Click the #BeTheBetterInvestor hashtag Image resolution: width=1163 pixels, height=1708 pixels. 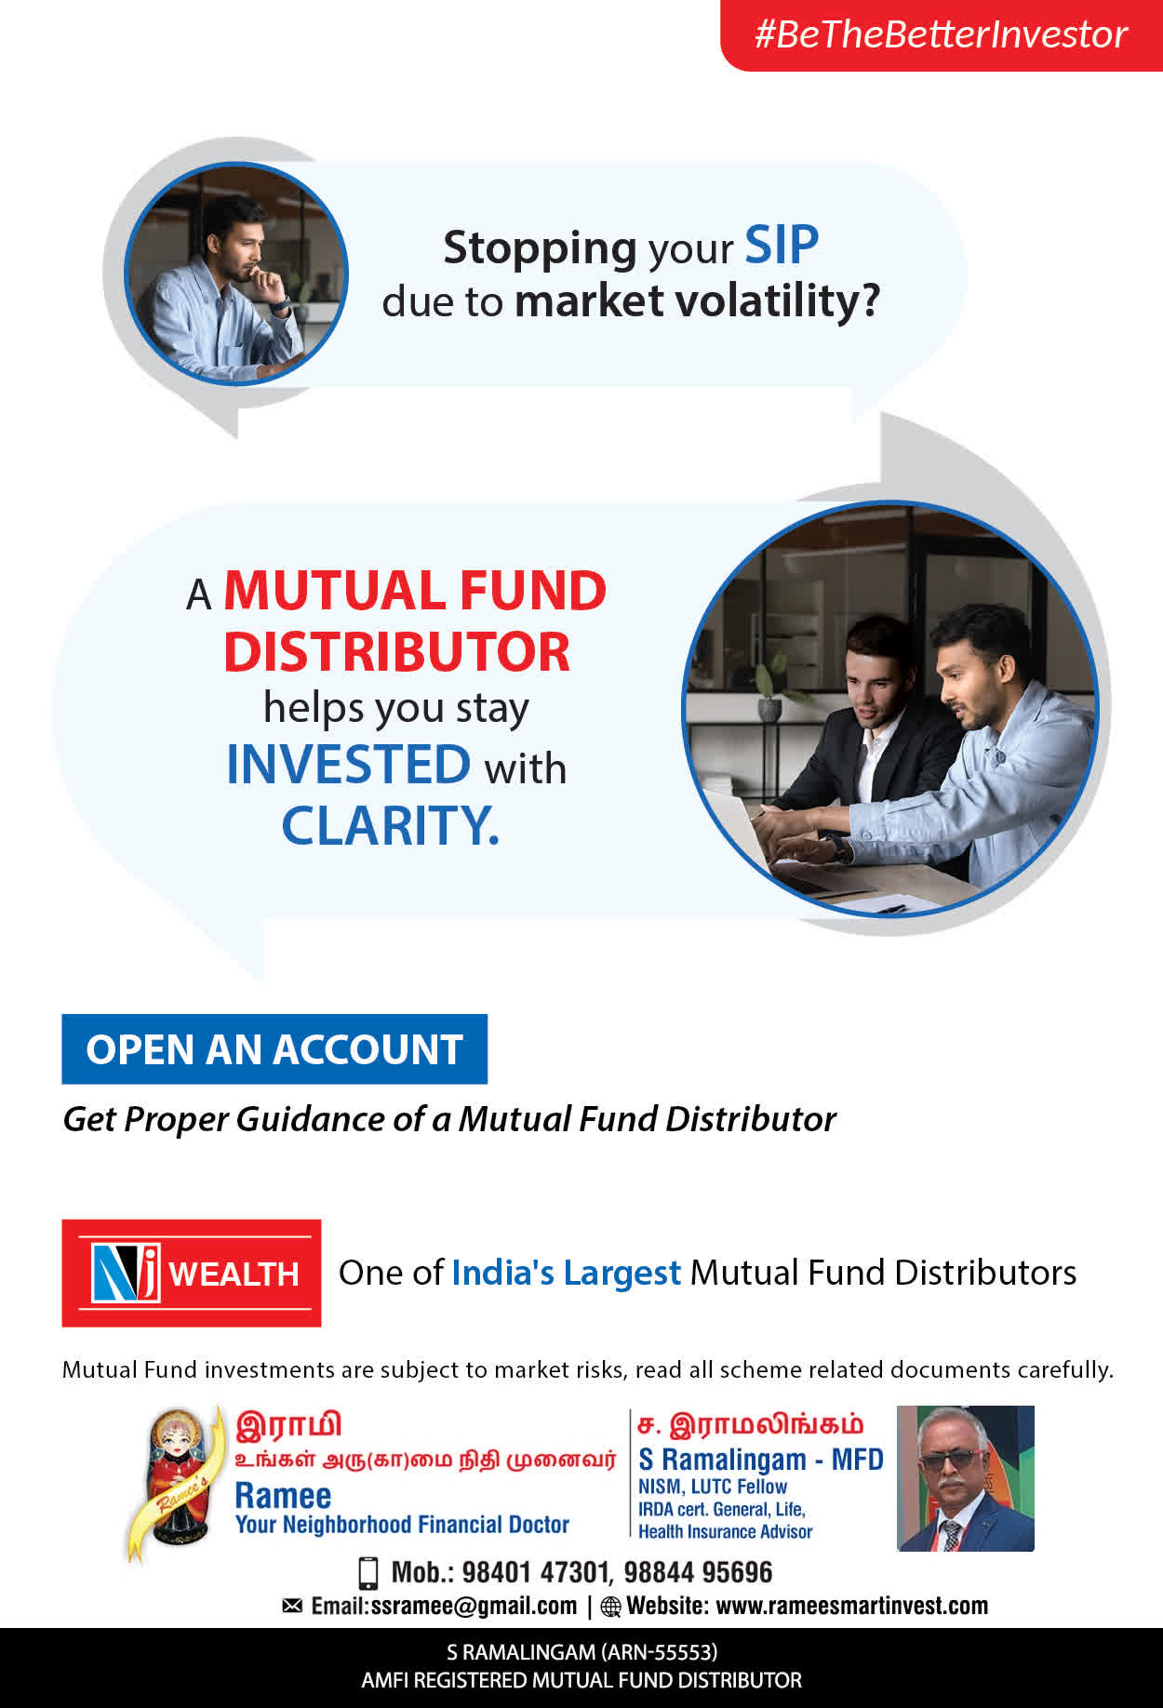coord(941,34)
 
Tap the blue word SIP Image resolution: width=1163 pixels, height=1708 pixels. coord(782,246)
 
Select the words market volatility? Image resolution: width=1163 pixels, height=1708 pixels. coord(697,301)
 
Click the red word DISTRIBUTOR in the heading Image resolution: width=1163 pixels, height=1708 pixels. coord(396,651)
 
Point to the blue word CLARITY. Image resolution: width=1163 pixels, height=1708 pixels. coord(391,825)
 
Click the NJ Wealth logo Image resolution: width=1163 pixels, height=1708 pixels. coord(192,1273)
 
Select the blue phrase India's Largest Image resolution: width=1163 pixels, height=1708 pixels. coord(566,1273)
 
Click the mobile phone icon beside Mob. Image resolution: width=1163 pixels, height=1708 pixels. coord(368,1572)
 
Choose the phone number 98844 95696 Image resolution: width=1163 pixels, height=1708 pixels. coord(698,1572)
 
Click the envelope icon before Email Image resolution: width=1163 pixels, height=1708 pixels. coord(292,1606)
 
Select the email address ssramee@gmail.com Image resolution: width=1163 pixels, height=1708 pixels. coord(474,1607)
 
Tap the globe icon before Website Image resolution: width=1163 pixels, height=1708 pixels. coord(610,1607)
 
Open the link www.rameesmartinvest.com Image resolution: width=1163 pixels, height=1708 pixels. coord(852,1607)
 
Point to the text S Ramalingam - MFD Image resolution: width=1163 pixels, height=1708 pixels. coord(761,1460)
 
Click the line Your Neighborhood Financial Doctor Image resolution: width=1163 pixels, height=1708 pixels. coord(402,1525)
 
